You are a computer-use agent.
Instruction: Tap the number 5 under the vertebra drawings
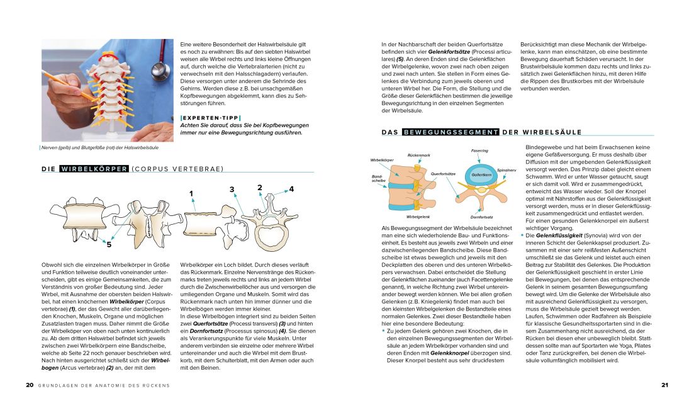pyautogui.click(x=109, y=244)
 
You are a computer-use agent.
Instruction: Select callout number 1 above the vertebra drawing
pyautogui.click(x=191, y=193)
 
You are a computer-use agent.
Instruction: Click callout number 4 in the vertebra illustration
pyautogui.click(x=291, y=188)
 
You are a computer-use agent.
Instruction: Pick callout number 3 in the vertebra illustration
pyautogui.click(x=232, y=189)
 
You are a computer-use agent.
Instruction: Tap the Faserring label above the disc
pyautogui.click(x=479, y=151)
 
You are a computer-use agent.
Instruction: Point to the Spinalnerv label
pyautogui.click(x=507, y=169)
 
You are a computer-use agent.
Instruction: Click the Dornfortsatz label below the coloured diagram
pyautogui.click(x=481, y=217)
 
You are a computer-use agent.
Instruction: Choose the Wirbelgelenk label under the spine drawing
pyautogui.click(x=418, y=217)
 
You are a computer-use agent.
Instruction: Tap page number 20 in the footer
pyautogui.click(x=29, y=385)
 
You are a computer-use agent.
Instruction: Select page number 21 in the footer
pyautogui.click(x=664, y=385)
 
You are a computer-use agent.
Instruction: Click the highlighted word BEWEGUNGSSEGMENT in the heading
pyautogui.click(x=451, y=132)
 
